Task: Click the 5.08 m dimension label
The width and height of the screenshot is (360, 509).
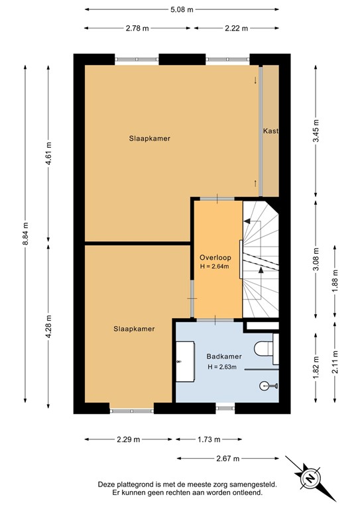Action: click(180, 10)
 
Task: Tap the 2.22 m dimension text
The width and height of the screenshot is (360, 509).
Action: click(236, 28)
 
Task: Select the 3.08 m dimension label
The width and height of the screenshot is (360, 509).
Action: click(316, 257)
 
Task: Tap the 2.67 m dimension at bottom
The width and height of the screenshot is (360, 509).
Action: click(227, 458)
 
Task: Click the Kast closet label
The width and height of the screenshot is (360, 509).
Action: click(270, 131)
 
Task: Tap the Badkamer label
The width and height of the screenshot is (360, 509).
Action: click(223, 356)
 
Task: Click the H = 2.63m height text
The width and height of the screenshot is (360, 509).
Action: click(224, 367)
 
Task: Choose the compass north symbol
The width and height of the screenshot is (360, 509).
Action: click(309, 477)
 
